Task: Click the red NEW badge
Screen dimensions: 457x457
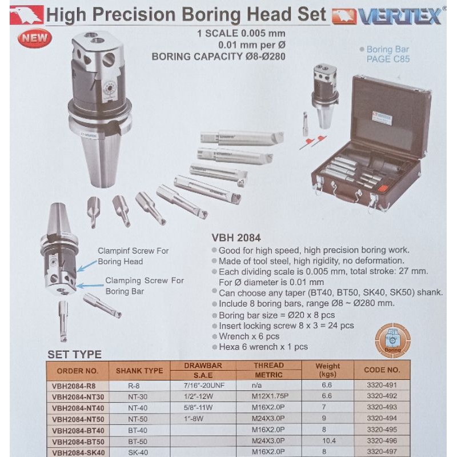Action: pos(34,38)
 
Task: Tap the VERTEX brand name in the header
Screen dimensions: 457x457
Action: pos(399,16)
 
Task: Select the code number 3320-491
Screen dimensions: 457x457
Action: pos(382,385)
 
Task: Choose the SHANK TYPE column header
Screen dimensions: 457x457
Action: pos(139,370)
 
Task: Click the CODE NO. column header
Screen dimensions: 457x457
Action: pos(382,370)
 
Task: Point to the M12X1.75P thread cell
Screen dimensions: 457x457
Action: pos(268,396)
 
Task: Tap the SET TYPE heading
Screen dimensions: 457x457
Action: pos(74,355)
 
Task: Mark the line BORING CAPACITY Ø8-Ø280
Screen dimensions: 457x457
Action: pos(218,56)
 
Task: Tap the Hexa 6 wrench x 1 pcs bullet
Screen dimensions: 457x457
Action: pos(263,346)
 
